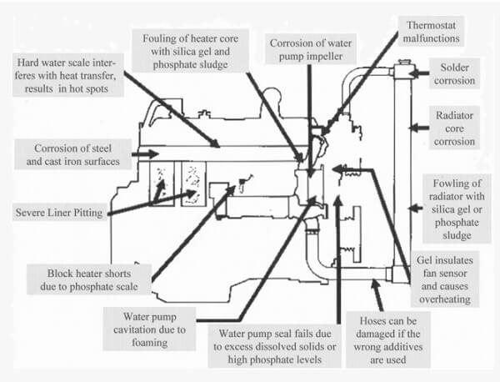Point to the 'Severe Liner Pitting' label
click(x=57, y=213)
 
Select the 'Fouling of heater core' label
click(x=197, y=46)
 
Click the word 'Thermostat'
click(x=417, y=24)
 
